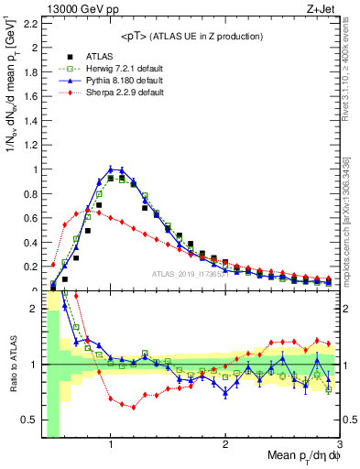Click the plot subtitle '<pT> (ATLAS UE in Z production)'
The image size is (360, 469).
191,36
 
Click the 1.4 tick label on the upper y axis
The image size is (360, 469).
28,111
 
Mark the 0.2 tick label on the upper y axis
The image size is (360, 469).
28,265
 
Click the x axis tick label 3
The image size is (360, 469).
340,446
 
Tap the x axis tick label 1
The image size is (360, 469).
111,446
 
